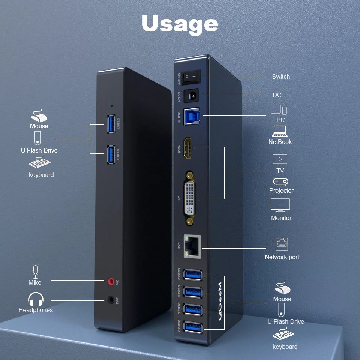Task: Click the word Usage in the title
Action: pyautogui.click(x=180, y=24)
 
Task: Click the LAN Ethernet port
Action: pyautogui.click(x=192, y=247)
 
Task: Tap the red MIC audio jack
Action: pyautogui.click(x=111, y=280)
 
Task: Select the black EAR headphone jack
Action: pyautogui.click(x=111, y=300)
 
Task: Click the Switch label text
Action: pyautogui.click(x=281, y=76)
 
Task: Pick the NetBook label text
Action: pyautogui.click(x=280, y=142)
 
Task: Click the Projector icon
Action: pyautogui.click(x=280, y=182)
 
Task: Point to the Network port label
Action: pyautogui.click(x=282, y=257)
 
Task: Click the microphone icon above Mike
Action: pyautogui.click(x=35, y=271)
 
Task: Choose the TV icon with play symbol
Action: pyautogui.click(x=280, y=160)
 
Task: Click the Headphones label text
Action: pyautogui.click(x=36, y=310)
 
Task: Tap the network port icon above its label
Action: pyautogui.click(x=282, y=244)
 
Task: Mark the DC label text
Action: pyautogui.click(x=277, y=95)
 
